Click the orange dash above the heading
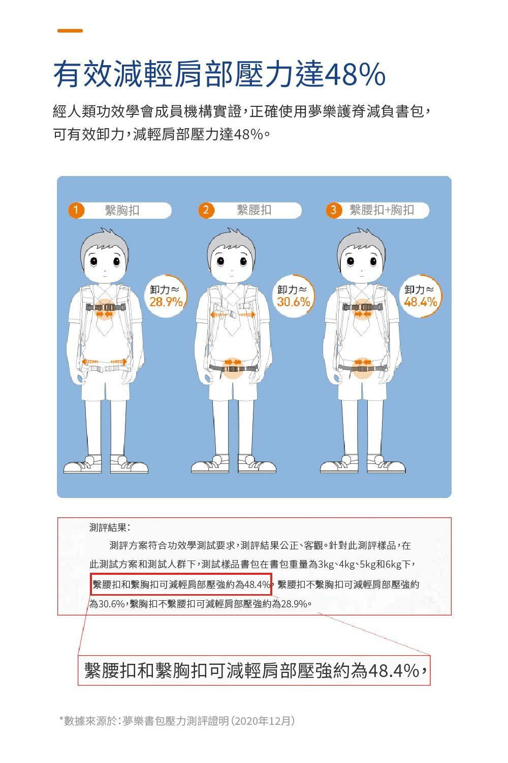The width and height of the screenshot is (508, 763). (x=70, y=31)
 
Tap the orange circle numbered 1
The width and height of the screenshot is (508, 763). (x=76, y=210)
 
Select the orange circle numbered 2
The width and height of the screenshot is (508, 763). (x=206, y=210)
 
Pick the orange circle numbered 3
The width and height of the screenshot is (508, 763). (x=334, y=210)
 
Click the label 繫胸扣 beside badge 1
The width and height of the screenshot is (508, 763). (x=122, y=210)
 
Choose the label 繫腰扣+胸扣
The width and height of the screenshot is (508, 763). (x=382, y=210)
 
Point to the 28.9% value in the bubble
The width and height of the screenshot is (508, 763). (x=166, y=302)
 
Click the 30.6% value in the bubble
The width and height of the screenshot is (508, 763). (x=294, y=302)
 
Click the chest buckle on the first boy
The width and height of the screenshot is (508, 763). (x=106, y=307)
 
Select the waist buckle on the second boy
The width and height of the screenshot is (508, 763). (x=233, y=368)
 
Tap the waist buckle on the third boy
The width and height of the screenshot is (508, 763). (x=362, y=368)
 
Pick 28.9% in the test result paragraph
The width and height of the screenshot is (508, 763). (x=294, y=604)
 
